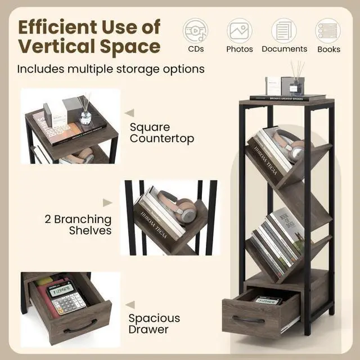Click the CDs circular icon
tap(195, 30)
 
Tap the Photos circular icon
tap(240, 30)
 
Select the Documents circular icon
tap(284, 30)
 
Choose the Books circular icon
tap(328, 30)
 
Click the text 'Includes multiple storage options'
tap(110, 69)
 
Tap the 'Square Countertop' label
tap(162, 133)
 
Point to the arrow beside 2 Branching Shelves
tap(107, 203)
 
